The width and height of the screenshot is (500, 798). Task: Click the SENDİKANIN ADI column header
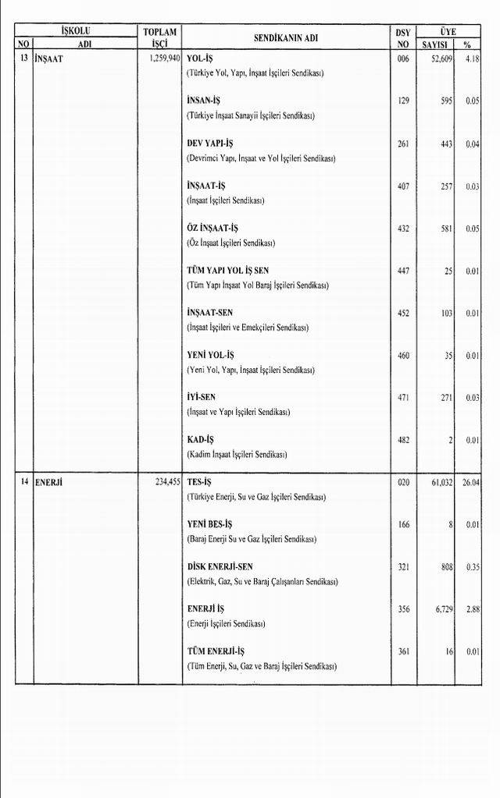(286, 37)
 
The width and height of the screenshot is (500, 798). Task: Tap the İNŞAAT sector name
(48, 59)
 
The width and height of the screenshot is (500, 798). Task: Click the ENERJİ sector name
(48, 483)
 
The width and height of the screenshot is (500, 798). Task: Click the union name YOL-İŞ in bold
(200, 59)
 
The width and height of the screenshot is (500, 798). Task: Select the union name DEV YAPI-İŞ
(209, 144)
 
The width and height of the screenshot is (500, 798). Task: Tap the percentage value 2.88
(472, 609)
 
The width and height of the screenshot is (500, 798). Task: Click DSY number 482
(403, 440)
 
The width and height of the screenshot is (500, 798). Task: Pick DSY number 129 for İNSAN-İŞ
(403, 101)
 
